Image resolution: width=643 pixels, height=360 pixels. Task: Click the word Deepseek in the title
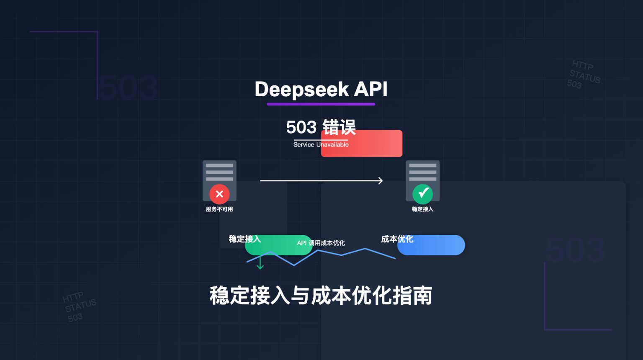(302, 90)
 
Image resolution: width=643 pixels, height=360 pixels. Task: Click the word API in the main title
(371, 89)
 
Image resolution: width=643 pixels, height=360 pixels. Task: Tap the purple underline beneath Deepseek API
(321, 104)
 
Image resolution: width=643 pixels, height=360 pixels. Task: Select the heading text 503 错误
(321, 127)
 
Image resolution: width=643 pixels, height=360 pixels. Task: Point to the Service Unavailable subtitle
(321, 145)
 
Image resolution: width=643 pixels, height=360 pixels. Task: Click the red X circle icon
(219, 194)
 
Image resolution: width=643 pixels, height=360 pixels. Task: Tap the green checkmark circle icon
(423, 194)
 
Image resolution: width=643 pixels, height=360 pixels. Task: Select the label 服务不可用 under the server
(219, 209)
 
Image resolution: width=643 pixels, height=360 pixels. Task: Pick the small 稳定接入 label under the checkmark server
(422, 209)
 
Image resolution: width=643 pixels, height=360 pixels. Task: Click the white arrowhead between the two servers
(380, 181)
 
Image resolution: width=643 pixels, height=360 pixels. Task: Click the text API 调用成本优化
(321, 243)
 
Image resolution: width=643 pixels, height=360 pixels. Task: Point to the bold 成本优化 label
(397, 239)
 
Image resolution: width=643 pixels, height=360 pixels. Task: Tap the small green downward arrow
(260, 264)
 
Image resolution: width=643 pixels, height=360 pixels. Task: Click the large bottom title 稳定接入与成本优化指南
(321, 296)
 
